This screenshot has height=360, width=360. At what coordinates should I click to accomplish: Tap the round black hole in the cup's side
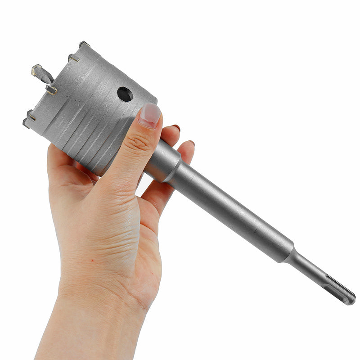125,94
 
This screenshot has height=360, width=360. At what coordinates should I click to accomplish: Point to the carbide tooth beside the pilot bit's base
51,90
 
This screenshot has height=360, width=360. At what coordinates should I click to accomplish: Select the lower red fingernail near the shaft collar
191,143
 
